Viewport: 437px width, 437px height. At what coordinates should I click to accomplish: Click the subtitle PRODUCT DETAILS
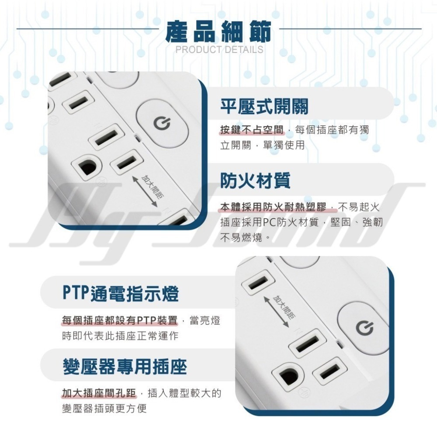[x=219, y=49]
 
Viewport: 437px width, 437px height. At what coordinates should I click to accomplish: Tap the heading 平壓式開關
[x=264, y=107]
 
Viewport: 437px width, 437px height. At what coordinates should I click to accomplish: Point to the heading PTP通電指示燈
[x=120, y=294]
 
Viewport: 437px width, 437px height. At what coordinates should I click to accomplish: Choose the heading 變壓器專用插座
[x=125, y=366]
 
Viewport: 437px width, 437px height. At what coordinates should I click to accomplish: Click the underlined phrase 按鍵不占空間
[x=252, y=130]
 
